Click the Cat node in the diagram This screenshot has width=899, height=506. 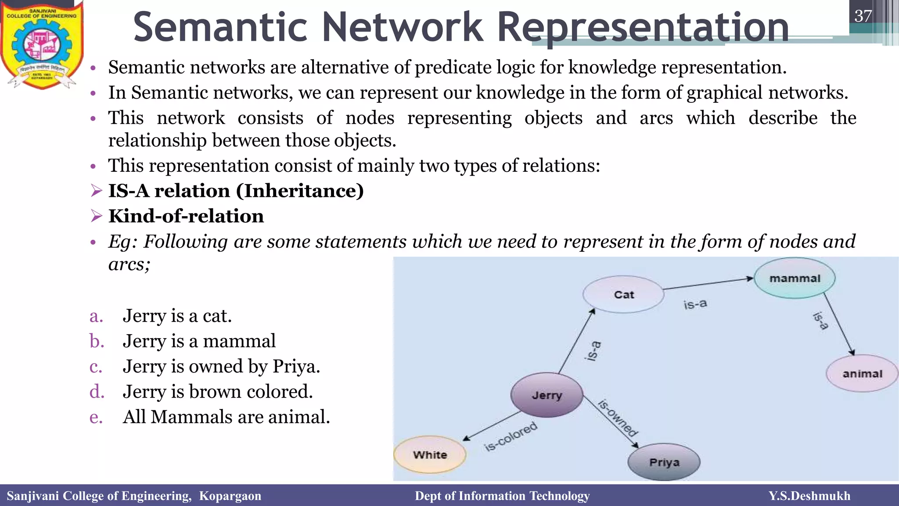tap(623, 294)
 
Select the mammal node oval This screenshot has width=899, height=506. tap(795, 278)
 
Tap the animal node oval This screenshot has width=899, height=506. tap(862, 374)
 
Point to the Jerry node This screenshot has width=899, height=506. tap(547, 395)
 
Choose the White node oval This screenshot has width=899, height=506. tap(430, 455)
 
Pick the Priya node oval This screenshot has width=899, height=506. tap(664, 463)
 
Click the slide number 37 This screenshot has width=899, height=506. tap(863, 16)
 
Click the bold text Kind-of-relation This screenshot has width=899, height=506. tap(186, 216)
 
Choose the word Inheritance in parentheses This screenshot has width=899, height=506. tap(300, 191)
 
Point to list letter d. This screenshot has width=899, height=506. tap(97, 391)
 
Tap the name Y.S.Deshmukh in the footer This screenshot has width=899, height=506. tap(809, 496)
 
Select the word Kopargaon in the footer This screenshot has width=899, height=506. tap(230, 496)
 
